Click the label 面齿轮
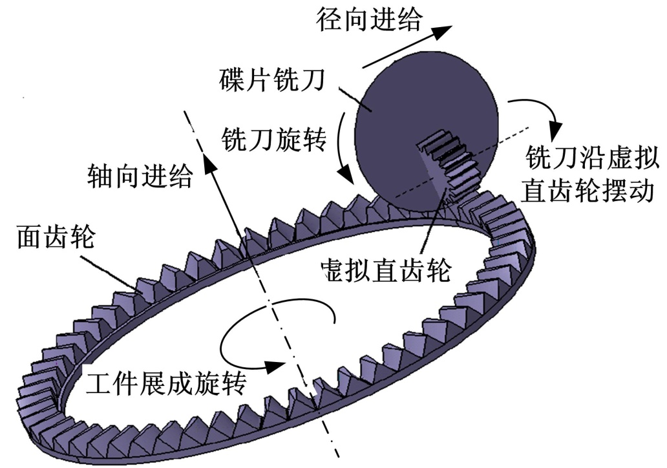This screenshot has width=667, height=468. [x=56, y=239]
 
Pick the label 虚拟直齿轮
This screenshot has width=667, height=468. [x=387, y=270]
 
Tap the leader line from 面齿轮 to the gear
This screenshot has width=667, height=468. [x=110, y=271]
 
